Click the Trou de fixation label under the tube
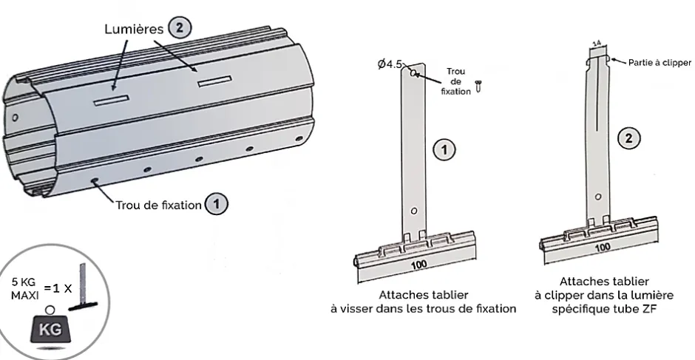[157, 205]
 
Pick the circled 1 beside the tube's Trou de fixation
[215, 205]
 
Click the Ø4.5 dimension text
[390, 64]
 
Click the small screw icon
[478, 87]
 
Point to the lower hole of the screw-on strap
[413, 211]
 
